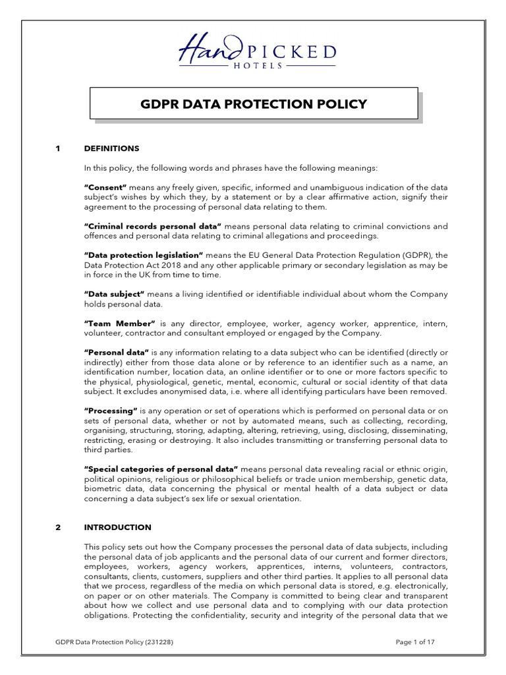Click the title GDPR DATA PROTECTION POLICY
tap(253, 104)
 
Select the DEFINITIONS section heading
tap(111, 148)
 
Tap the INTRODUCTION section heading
tap(117, 527)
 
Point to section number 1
tap(58, 148)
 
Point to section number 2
tap(58, 527)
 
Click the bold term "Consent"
tap(105, 187)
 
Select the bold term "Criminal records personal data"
tap(154, 226)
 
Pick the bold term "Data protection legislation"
tap(144, 255)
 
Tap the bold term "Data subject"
tap(114, 294)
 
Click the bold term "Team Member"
tap(119, 324)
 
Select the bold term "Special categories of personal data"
tap(161, 468)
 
